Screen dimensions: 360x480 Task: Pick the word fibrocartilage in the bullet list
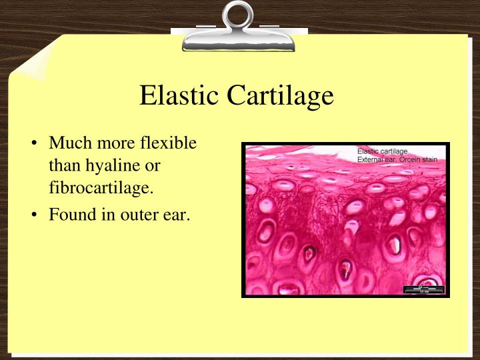[x=101, y=188]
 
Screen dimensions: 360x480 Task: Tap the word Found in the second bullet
[x=71, y=216]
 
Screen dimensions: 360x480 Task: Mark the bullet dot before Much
[x=35, y=143]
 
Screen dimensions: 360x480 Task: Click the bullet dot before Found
[x=35, y=217]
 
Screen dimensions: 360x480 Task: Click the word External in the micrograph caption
[x=371, y=159]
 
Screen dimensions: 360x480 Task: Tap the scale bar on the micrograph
[x=424, y=289]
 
